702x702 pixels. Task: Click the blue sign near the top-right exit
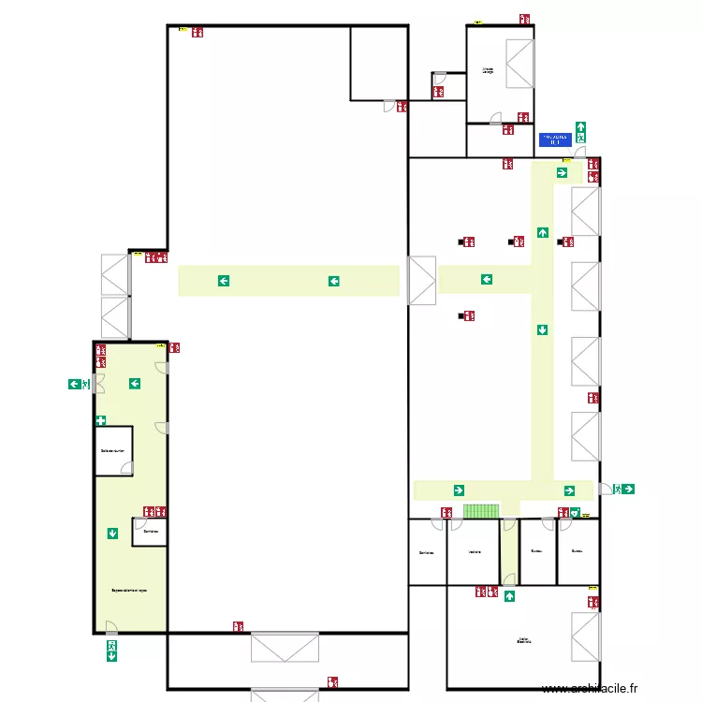click(x=554, y=139)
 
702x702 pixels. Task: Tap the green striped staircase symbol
click(x=481, y=511)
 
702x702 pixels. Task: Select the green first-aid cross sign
click(x=100, y=421)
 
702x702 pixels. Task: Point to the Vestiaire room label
click(x=475, y=552)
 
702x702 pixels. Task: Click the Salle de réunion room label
click(x=112, y=450)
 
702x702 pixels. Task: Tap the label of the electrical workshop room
click(x=523, y=641)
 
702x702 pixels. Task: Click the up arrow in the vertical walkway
click(x=542, y=232)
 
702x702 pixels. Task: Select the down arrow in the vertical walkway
click(x=542, y=329)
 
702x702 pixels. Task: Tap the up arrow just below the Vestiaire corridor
click(x=509, y=596)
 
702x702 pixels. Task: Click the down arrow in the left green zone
click(x=112, y=534)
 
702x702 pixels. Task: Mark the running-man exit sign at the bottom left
click(x=111, y=650)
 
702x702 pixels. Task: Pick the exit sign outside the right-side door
click(x=623, y=489)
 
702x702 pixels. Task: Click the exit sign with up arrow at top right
click(x=580, y=130)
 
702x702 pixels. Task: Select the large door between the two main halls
click(x=422, y=281)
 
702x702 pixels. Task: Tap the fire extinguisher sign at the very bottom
click(x=332, y=682)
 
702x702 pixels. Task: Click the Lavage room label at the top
click(x=487, y=70)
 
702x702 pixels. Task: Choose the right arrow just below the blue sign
click(x=562, y=172)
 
